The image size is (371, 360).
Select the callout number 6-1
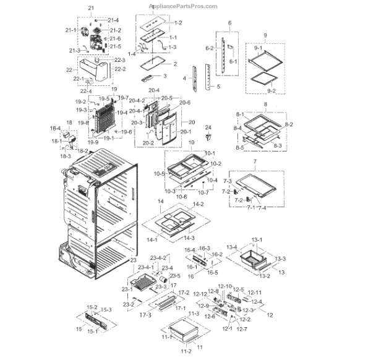tap(233, 62)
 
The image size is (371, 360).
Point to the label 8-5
tap(239, 147)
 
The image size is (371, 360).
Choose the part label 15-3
tap(106, 309)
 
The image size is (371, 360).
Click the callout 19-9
tap(93, 143)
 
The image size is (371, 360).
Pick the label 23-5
tap(175, 275)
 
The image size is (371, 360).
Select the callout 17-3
tap(143, 315)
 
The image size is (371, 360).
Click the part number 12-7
tap(241, 328)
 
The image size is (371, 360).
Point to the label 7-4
tap(262, 207)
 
